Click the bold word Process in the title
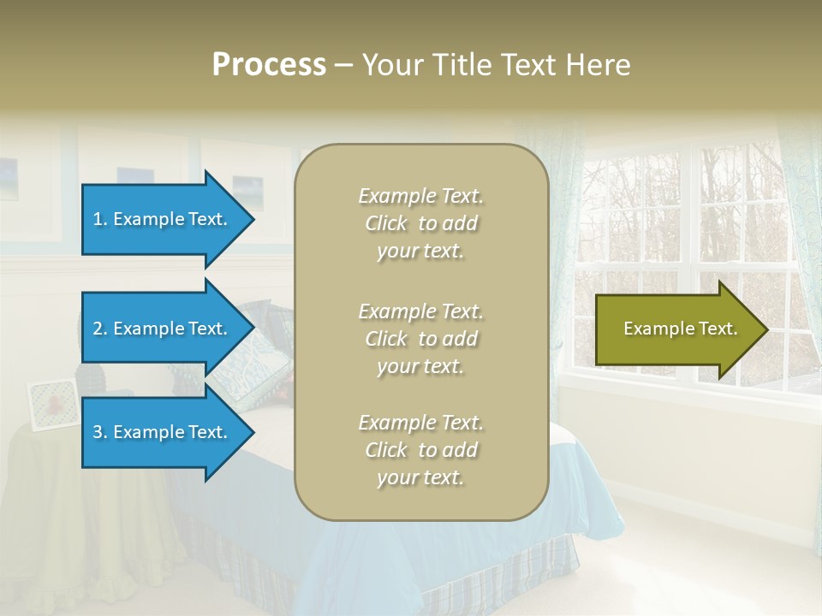[269, 65]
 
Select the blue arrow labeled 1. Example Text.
[163, 219]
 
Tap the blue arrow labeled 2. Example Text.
[163, 329]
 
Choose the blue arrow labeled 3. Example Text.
[163, 432]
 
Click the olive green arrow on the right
[676, 329]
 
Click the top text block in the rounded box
[420, 223]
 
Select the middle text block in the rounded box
[420, 339]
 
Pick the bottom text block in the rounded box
[420, 450]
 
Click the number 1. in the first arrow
[100, 219]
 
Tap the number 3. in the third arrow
[100, 432]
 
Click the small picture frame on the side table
[53, 403]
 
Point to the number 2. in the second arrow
[100, 329]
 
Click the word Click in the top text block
[386, 223]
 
